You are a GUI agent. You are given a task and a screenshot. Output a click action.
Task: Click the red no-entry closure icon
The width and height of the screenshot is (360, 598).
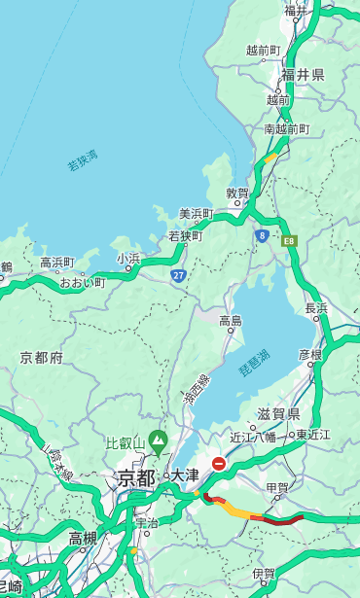(x=219, y=464)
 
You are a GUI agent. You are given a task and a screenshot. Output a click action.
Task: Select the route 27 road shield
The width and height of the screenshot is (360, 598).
(x=178, y=275)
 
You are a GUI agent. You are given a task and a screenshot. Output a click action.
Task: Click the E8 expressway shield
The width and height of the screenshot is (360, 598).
(x=289, y=239)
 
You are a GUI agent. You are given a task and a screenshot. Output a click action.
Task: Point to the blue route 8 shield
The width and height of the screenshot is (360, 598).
(x=262, y=235)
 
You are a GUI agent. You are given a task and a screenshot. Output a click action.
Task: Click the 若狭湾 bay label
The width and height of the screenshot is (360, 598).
(x=83, y=160)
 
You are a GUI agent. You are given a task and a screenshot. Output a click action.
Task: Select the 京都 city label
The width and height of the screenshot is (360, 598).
(x=136, y=477)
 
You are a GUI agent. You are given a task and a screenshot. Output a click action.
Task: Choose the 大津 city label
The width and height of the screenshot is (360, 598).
(x=185, y=475)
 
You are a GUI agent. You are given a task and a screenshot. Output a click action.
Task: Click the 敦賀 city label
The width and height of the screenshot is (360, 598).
(x=237, y=193)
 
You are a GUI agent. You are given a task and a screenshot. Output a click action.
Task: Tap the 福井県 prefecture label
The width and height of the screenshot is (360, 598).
(x=303, y=75)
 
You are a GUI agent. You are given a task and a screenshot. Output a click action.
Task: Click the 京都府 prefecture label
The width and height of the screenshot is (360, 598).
(x=42, y=358)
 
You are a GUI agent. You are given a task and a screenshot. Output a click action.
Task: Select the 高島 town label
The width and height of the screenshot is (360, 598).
(x=231, y=321)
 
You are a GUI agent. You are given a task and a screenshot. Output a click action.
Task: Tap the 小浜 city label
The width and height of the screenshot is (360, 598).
(x=128, y=259)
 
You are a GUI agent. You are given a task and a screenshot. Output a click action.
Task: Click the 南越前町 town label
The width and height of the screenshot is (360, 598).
(x=286, y=129)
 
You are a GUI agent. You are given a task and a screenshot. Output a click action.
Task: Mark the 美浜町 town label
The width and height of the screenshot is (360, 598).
(x=196, y=214)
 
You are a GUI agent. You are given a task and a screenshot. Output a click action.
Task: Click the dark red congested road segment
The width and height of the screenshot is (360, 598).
(x=278, y=520)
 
